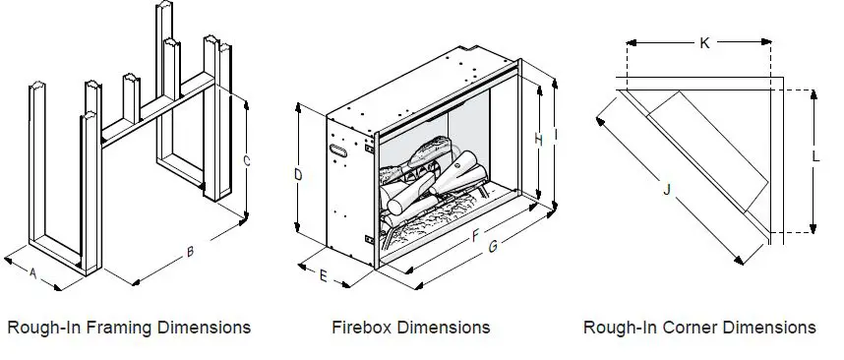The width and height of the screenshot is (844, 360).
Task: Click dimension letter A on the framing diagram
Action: tap(32, 274)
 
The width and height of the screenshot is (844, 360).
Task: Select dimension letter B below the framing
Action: tap(190, 252)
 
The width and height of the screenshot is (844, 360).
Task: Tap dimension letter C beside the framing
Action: tap(247, 160)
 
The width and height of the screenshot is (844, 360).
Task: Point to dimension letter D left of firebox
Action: tap(298, 175)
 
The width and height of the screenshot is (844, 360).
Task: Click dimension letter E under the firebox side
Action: tap(324, 275)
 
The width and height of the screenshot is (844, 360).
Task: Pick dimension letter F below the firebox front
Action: tap(475, 236)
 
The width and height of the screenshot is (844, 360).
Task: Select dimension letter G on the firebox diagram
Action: tap(493, 246)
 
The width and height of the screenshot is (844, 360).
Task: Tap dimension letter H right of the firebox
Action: tap(538, 141)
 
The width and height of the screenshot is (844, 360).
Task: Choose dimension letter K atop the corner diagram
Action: tap(704, 42)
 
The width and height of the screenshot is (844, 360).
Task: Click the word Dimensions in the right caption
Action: tap(770, 327)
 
